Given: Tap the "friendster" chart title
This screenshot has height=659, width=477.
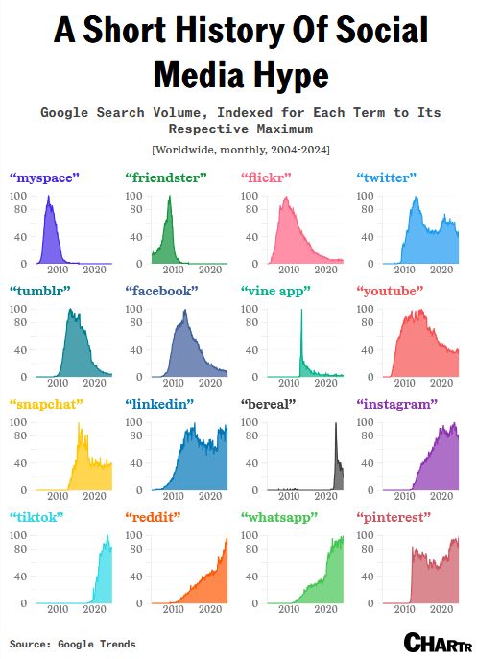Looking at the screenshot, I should pos(164,177).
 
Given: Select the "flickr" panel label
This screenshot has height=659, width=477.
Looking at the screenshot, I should pos(265,177).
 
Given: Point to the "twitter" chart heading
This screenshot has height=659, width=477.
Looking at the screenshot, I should pos(387,177).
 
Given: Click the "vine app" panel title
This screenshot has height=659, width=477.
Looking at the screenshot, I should pos(278,290).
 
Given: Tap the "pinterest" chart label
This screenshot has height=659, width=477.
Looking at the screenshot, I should pos(393,517).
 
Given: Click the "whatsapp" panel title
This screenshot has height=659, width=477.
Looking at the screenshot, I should pos(278,517).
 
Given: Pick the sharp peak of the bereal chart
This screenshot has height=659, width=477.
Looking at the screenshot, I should pos(336,424).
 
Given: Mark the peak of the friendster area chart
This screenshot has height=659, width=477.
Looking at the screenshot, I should pos(170,197).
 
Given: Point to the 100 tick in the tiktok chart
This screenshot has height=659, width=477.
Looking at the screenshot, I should pos(18,536).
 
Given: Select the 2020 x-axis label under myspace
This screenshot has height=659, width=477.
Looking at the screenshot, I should pos(94,270).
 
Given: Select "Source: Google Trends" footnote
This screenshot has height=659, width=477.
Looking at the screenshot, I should pos(73,643).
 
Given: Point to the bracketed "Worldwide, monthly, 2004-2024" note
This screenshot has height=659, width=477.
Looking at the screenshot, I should pos(238,150).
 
